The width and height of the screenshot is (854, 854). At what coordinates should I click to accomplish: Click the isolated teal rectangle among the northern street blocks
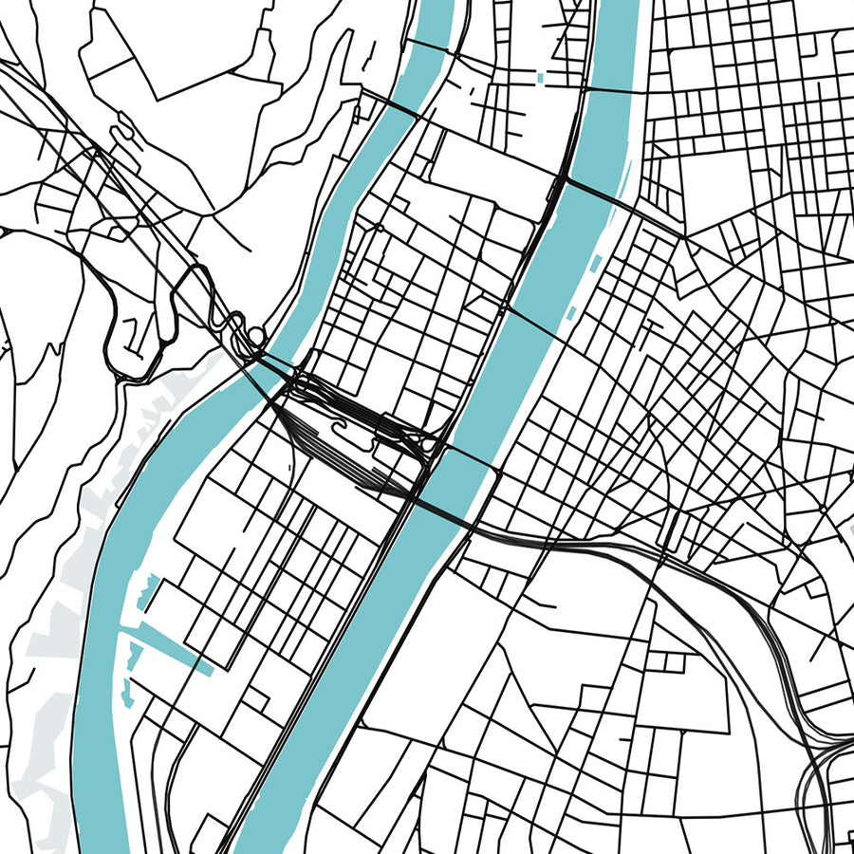pyautogui.click(x=541, y=76)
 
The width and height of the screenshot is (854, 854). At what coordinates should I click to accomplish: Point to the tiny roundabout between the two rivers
pyautogui.click(x=380, y=228)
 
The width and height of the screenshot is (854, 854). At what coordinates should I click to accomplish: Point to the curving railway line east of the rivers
pyautogui.click(x=721, y=588)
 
